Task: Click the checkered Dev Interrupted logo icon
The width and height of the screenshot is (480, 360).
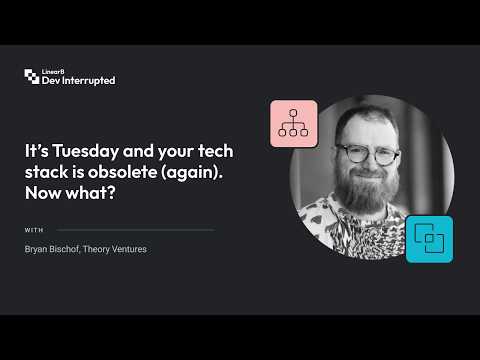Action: click(32, 76)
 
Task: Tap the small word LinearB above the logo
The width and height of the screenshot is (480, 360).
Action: click(53, 72)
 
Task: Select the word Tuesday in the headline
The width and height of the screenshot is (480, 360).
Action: click(86, 151)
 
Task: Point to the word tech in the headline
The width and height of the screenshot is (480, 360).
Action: click(216, 151)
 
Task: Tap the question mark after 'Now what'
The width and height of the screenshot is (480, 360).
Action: click(111, 193)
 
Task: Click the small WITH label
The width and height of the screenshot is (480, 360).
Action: click(34, 230)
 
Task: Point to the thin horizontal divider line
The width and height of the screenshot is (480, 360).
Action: click(135, 230)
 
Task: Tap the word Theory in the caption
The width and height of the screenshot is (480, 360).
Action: click(96, 249)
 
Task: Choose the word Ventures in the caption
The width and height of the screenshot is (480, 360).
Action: click(129, 249)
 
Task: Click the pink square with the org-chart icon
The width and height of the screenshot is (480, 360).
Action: click(294, 123)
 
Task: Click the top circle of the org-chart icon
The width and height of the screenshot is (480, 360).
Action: click(293, 113)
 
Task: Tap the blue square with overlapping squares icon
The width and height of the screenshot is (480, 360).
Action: click(429, 239)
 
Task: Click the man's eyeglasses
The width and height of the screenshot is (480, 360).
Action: click(368, 154)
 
